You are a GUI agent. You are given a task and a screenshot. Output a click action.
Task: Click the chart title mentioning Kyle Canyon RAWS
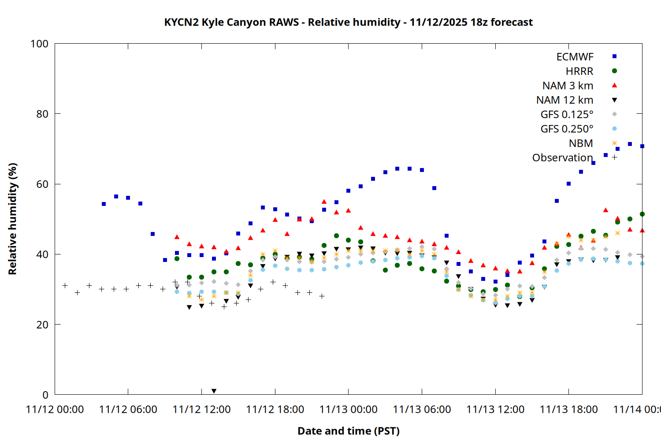(348, 22)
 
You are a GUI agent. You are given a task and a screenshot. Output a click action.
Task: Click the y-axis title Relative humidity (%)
(12, 219)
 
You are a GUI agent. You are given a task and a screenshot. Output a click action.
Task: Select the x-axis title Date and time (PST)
(348, 431)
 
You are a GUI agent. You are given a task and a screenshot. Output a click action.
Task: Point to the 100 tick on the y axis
(39, 44)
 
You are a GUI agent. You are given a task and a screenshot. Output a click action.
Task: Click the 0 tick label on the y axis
(45, 395)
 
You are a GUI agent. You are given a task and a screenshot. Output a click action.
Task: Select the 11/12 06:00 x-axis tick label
(128, 409)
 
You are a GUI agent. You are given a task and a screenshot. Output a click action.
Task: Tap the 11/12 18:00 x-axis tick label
(275, 409)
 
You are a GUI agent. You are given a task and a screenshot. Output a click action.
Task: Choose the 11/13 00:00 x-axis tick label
(348, 409)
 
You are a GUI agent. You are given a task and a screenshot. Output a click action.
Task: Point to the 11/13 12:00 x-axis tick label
(495, 409)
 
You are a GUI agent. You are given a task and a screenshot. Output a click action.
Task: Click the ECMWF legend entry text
(575, 57)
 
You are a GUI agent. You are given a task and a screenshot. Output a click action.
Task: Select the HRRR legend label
(579, 71)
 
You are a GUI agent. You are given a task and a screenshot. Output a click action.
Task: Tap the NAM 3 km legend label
(568, 86)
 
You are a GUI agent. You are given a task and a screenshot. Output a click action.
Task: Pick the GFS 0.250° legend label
(567, 129)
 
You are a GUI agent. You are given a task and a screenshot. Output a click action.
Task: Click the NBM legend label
(581, 143)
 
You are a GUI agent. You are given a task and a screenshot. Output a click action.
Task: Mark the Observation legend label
(562, 157)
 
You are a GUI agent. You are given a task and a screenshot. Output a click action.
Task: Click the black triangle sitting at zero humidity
(214, 391)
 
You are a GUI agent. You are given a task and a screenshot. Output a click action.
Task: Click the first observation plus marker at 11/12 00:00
(65, 286)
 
